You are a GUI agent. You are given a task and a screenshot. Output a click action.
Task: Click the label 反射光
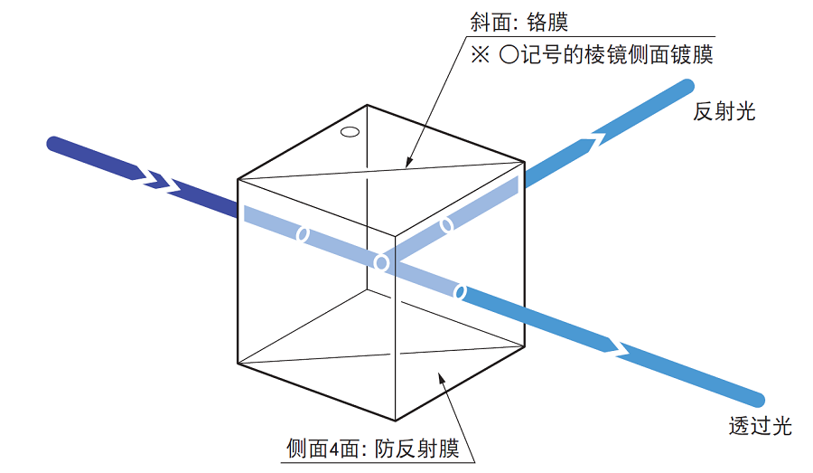point(724,111)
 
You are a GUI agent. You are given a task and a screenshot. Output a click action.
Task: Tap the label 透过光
point(760,426)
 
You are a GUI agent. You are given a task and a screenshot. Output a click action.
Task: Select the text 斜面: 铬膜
point(519,23)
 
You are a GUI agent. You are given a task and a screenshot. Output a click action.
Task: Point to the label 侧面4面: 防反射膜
point(373,449)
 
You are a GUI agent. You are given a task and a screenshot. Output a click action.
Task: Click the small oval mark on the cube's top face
point(350,132)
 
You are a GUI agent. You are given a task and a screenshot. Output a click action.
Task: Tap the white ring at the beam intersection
point(381,262)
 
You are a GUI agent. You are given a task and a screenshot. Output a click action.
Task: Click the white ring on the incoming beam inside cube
point(303,234)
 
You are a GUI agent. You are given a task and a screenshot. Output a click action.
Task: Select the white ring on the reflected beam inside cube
point(446,225)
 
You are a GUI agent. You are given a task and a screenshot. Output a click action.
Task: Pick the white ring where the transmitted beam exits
point(460,292)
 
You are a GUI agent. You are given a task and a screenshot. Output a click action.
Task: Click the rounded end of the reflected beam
point(687,87)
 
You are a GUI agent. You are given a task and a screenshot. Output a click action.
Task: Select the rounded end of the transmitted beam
point(757,400)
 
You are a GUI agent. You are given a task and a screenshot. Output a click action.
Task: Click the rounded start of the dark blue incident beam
point(54,144)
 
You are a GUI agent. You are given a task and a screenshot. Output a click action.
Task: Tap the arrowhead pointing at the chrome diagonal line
point(409,163)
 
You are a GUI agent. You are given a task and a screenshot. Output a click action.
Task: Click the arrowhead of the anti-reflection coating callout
point(441,378)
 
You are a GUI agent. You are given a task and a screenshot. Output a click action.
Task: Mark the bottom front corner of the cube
point(395,420)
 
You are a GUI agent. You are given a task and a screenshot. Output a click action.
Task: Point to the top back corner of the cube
point(367,106)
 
